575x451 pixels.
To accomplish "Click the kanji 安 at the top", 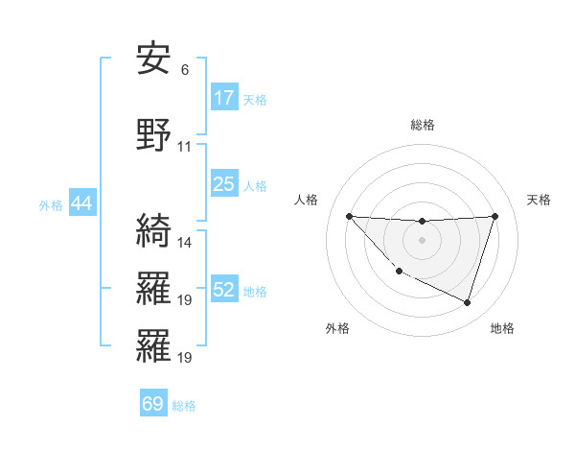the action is tap(153, 59).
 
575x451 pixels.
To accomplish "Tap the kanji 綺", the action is tap(153, 230).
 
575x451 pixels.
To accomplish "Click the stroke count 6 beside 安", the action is tap(185, 70).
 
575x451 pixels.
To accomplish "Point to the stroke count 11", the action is tap(185, 147).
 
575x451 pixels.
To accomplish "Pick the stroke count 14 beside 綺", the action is tap(185, 242).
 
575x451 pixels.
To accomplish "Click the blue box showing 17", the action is tap(224, 98).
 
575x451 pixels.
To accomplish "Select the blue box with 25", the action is tap(224, 184).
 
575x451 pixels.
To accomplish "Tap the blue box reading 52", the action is tap(224, 290).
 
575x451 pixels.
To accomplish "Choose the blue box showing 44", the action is tap(80, 203).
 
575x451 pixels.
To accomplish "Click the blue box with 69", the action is tap(153, 404).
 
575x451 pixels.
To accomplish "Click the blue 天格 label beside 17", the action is tap(254, 99).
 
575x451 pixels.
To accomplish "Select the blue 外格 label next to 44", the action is tap(51, 204).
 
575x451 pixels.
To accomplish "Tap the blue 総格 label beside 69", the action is tap(184, 405).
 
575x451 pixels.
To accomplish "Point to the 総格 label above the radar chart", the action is tap(422, 125).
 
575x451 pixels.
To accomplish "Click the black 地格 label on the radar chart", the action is tap(502, 328).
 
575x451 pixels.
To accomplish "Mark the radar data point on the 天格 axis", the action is tap(494, 216).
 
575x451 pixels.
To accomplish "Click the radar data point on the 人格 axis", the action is tap(349, 216).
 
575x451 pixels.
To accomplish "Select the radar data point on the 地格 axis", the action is tap(467, 302).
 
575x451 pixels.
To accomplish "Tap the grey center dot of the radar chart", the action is tap(422, 240).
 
